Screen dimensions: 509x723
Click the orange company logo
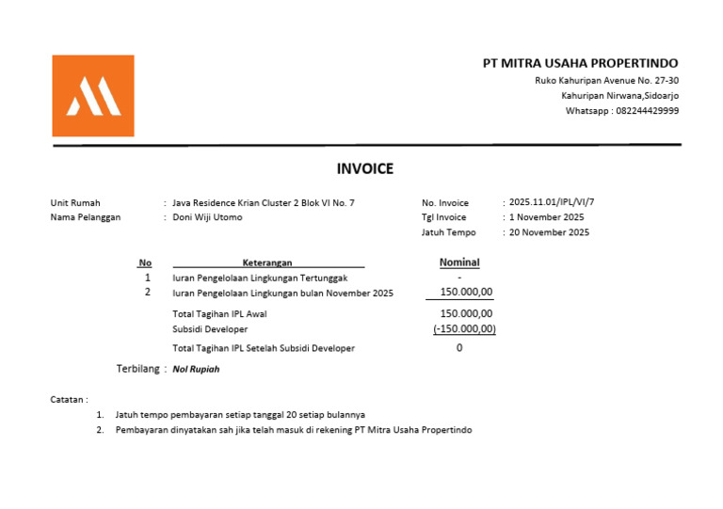[x=92, y=96]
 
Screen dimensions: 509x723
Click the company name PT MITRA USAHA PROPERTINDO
[x=580, y=63]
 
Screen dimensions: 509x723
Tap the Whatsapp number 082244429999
[x=647, y=111]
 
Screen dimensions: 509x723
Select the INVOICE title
[x=365, y=169]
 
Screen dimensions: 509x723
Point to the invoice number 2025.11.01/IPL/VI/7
[x=552, y=202]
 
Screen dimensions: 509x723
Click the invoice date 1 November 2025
[x=547, y=217]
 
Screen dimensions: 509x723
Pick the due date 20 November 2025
[x=550, y=232]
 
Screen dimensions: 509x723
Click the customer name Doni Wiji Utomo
[x=207, y=217]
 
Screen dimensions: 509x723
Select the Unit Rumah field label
[x=75, y=202]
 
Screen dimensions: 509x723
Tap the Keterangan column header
[x=267, y=263]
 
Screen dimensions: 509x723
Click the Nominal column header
[x=459, y=262]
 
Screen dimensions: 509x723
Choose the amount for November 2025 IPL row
[x=466, y=293]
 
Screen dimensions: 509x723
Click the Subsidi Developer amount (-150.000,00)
[x=464, y=329]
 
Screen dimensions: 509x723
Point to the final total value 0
[x=459, y=348]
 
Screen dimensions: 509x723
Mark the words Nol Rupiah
[x=196, y=369]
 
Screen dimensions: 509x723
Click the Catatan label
[x=69, y=400]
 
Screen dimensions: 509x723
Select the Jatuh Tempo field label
[x=448, y=232]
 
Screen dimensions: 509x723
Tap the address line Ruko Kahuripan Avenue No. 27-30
[x=606, y=81]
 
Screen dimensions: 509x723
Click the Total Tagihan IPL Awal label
[x=219, y=314]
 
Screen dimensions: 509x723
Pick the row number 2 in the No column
[x=147, y=293]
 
